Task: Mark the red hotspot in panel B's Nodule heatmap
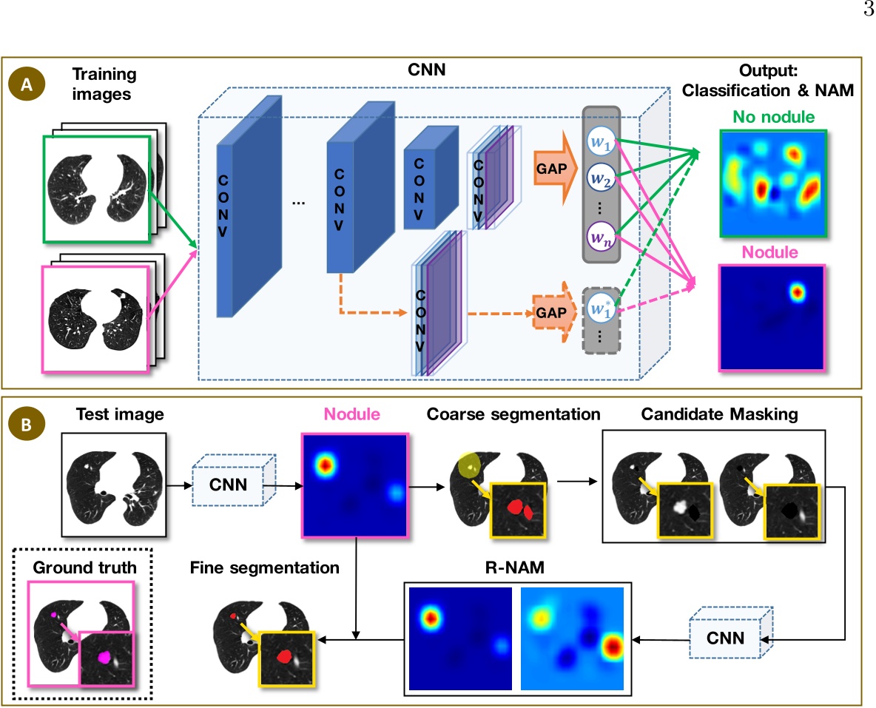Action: (x=326, y=465)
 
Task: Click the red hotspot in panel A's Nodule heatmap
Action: (x=796, y=292)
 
